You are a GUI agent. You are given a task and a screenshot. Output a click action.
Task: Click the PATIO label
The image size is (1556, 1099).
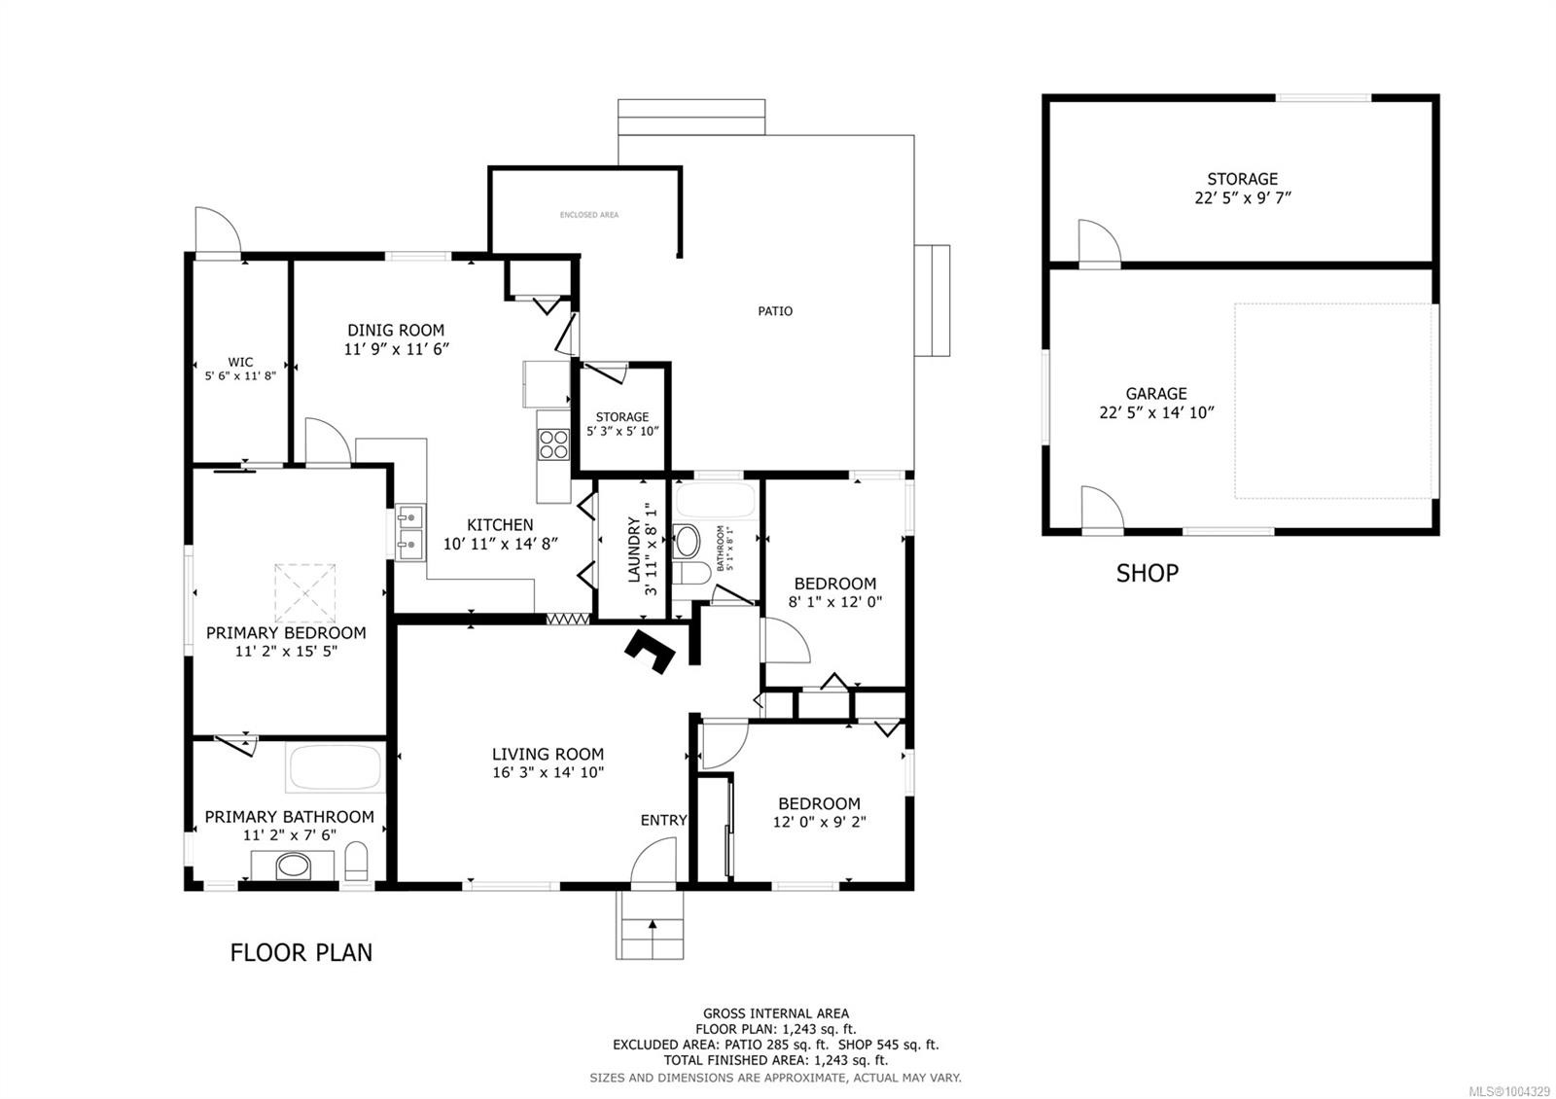click(x=775, y=311)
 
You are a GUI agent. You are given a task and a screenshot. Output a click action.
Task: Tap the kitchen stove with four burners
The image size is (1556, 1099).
click(x=553, y=443)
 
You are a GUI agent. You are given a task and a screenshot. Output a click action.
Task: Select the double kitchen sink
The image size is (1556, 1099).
click(x=410, y=532)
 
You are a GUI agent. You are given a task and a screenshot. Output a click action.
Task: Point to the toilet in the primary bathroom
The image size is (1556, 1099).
click(x=357, y=862)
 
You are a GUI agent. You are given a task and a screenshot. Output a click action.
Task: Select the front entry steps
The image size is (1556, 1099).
click(x=650, y=925)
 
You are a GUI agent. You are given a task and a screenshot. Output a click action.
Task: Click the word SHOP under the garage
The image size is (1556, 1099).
click(x=1147, y=574)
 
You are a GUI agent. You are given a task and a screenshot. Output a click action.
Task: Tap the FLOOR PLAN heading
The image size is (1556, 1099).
click(x=301, y=952)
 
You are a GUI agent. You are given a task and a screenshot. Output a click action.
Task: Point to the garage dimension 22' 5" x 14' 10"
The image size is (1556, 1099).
click(x=1156, y=412)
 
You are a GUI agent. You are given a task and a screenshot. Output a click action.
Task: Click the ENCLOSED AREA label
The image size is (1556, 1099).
click(x=589, y=215)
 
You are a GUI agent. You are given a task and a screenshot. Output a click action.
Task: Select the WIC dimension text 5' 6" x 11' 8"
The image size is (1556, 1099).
click(x=240, y=375)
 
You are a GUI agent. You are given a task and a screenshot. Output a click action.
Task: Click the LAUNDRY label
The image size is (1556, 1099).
click(x=634, y=550)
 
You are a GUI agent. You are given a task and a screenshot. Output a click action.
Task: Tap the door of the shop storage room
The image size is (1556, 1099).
click(x=1100, y=243)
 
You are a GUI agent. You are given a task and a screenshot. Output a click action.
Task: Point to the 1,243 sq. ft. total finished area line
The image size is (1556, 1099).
click(x=775, y=1060)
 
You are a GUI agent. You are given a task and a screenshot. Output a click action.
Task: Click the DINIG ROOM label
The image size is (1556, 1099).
click(x=396, y=331)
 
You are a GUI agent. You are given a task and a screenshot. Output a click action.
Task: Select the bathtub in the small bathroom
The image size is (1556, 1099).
click(x=715, y=501)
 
